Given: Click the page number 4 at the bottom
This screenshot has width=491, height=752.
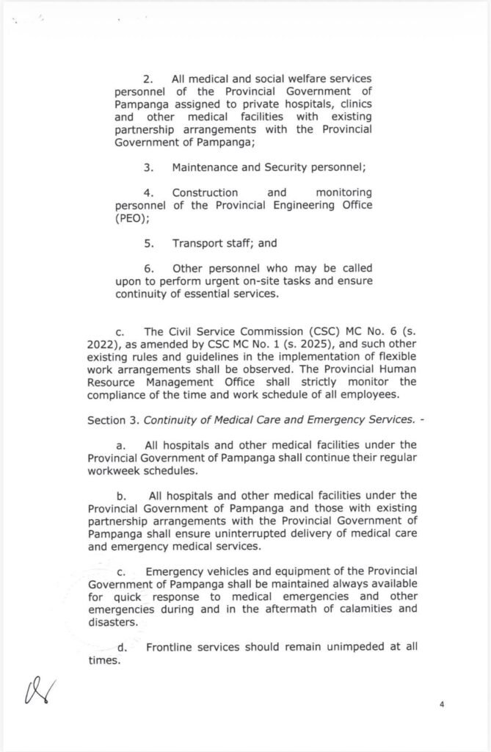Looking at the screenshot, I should pyautogui.click(x=443, y=704).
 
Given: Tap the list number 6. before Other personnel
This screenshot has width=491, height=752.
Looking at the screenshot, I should pyautogui.click(x=148, y=268).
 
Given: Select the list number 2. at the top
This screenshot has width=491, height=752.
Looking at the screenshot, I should pyautogui.click(x=148, y=79).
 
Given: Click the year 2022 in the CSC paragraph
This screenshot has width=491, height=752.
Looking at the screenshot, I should pyautogui.click(x=101, y=344).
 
